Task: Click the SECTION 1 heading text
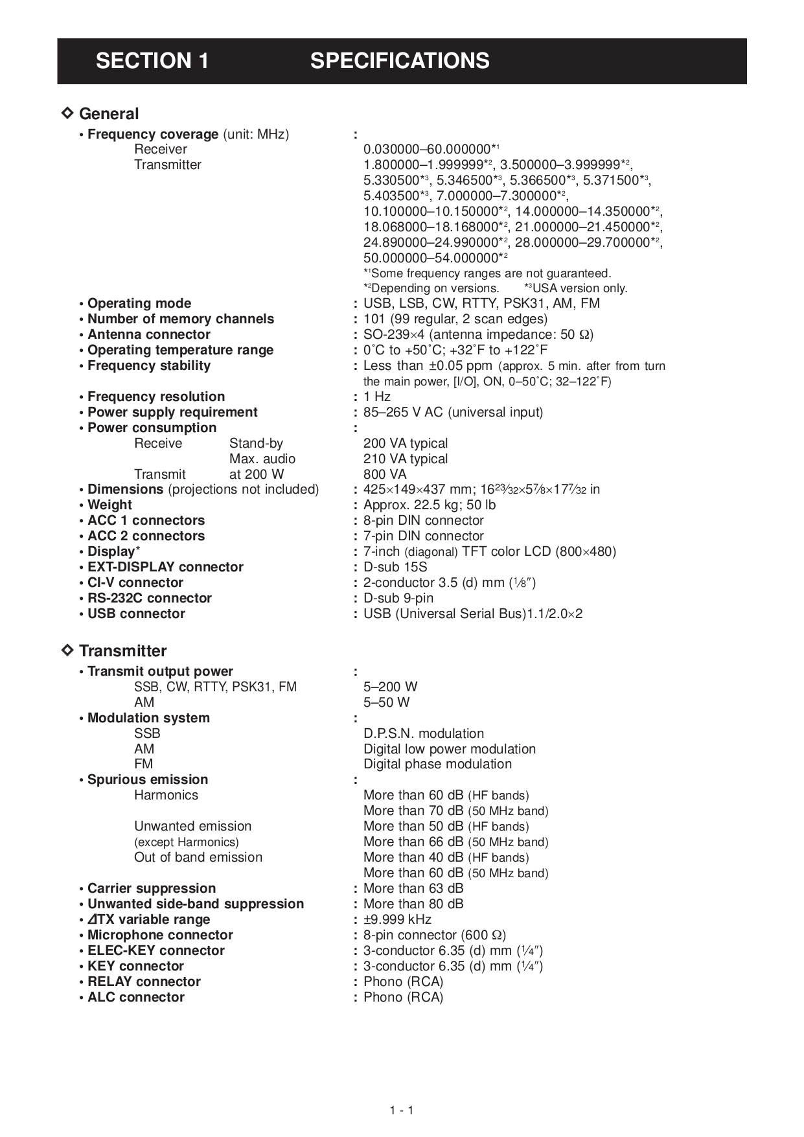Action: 152,61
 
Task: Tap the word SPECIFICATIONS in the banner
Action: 400,61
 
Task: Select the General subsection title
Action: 108,114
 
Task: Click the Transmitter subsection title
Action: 122,651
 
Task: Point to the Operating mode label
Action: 139,303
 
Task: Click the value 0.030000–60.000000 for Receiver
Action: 427,150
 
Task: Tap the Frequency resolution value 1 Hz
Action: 377,396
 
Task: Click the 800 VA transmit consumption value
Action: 385,474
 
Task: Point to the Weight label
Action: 109,505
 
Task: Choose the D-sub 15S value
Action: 395,567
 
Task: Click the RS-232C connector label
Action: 150,598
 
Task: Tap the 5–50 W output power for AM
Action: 386,702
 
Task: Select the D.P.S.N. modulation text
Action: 424,733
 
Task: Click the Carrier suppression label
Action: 152,888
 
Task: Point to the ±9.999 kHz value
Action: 397,919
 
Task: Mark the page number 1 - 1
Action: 402,1110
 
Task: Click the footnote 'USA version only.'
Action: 579,288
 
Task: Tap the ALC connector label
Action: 136,997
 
